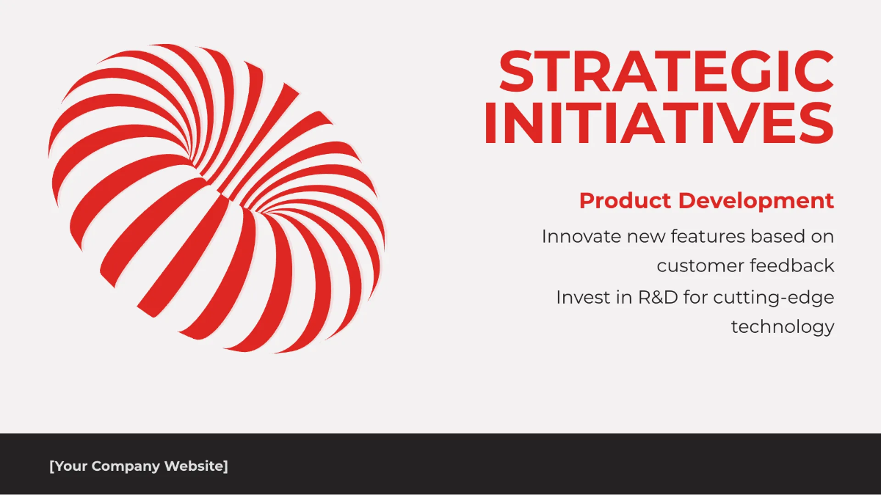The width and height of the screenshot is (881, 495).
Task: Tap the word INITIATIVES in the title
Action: [x=659, y=122]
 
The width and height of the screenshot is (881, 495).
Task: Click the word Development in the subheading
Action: [x=756, y=201]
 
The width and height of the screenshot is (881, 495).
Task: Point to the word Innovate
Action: [x=581, y=236]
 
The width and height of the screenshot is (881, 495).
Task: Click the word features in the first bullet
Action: [x=708, y=236]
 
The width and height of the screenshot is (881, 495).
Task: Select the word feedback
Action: [x=791, y=265]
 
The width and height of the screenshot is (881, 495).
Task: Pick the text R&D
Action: [x=658, y=298]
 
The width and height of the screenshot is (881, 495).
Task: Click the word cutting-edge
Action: [x=774, y=298]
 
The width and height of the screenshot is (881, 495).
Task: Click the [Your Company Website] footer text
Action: [x=139, y=466]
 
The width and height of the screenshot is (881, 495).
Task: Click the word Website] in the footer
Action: [x=196, y=466]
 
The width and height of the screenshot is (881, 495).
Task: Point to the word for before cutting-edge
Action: [x=696, y=298]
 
